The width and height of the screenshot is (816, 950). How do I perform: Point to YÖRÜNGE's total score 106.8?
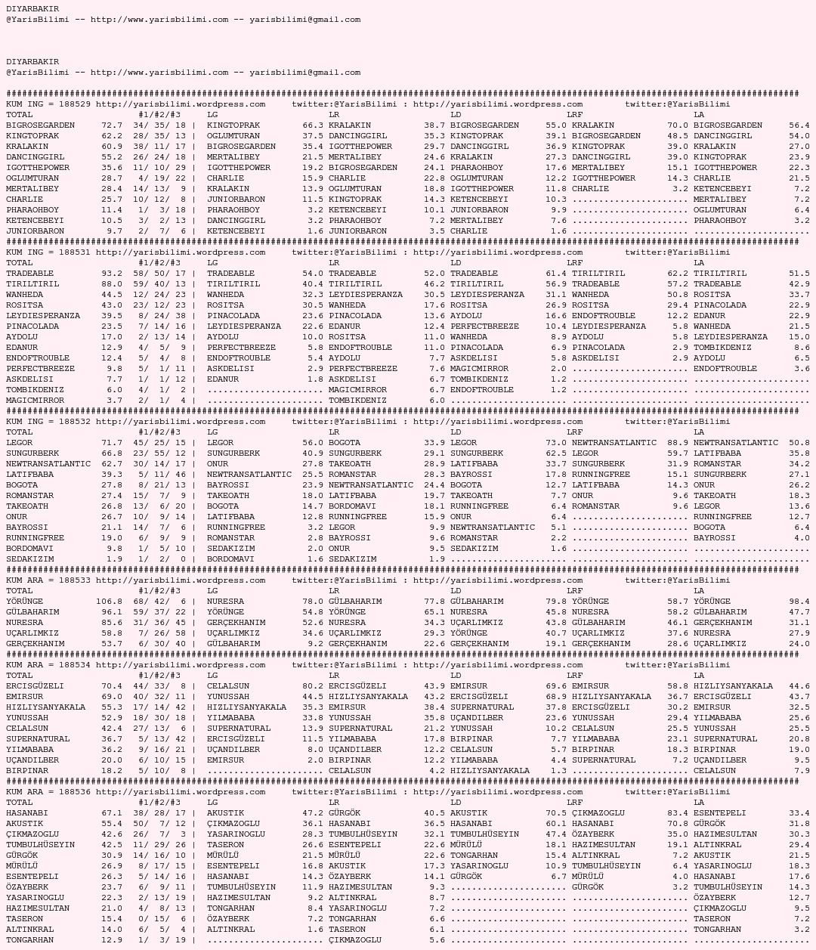[x=109, y=602]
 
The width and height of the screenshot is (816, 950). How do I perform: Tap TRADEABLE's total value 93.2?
[x=112, y=274]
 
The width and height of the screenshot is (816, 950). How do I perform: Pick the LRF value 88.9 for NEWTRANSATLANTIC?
[x=678, y=443]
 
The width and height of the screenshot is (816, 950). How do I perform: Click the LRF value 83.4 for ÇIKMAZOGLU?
[x=678, y=813]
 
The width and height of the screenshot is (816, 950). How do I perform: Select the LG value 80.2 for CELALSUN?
[x=313, y=686]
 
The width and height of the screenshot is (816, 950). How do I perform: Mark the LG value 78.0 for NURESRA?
[x=313, y=602]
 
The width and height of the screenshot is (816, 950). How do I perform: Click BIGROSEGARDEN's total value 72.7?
[x=112, y=125]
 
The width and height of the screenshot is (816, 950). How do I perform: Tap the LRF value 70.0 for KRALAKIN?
[x=678, y=125]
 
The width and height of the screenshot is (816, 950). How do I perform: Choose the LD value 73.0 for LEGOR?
[x=556, y=443]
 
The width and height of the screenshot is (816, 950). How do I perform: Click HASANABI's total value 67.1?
[x=112, y=813]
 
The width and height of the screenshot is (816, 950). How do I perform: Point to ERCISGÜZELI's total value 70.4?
[x=112, y=686]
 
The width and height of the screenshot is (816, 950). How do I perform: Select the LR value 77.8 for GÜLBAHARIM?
[x=434, y=602]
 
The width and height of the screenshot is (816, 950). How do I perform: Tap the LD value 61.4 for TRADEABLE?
[x=556, y=274]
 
